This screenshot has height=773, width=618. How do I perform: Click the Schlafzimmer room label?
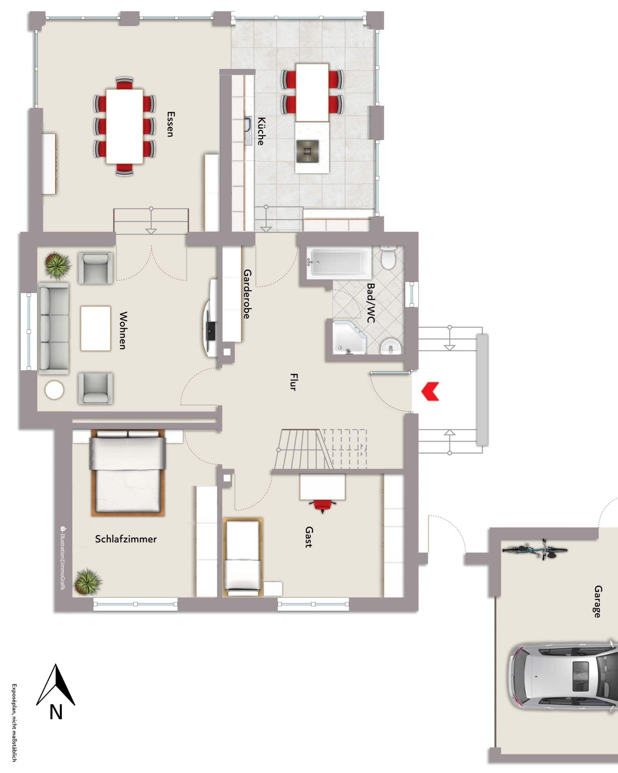point(126,539)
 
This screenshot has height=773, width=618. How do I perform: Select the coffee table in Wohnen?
point(95,328)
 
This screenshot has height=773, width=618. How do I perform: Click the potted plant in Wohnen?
point(57,265)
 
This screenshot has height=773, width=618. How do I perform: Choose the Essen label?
point(170,124)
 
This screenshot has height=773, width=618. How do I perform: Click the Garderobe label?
point(247,294)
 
